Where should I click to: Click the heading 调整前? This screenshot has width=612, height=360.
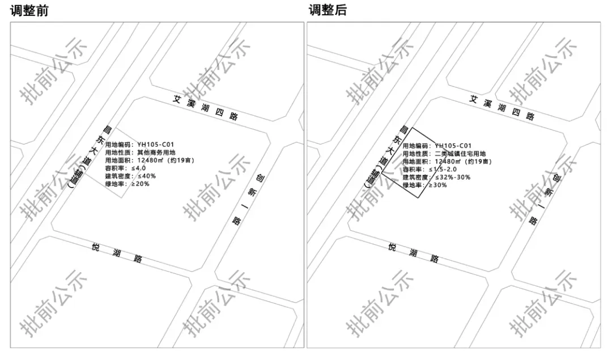[x=29, y=10]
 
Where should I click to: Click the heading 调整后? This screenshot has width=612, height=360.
[x=327, y=10]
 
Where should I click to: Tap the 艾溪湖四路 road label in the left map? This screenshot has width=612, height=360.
[x=206, y=107]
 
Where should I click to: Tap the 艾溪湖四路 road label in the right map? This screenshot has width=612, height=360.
[x=502, y=107]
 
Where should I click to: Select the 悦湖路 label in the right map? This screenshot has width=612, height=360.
[x=414, y=253]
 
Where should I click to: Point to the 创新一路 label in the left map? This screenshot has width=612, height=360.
[x=249, y=199]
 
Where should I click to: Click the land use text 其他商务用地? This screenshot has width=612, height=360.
[x=156, y=153]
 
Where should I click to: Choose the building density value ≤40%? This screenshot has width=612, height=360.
[x=146, y=176]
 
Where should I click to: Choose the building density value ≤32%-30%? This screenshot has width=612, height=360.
[x=452, y=177]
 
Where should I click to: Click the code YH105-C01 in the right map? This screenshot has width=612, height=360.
[x=453, y=146]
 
